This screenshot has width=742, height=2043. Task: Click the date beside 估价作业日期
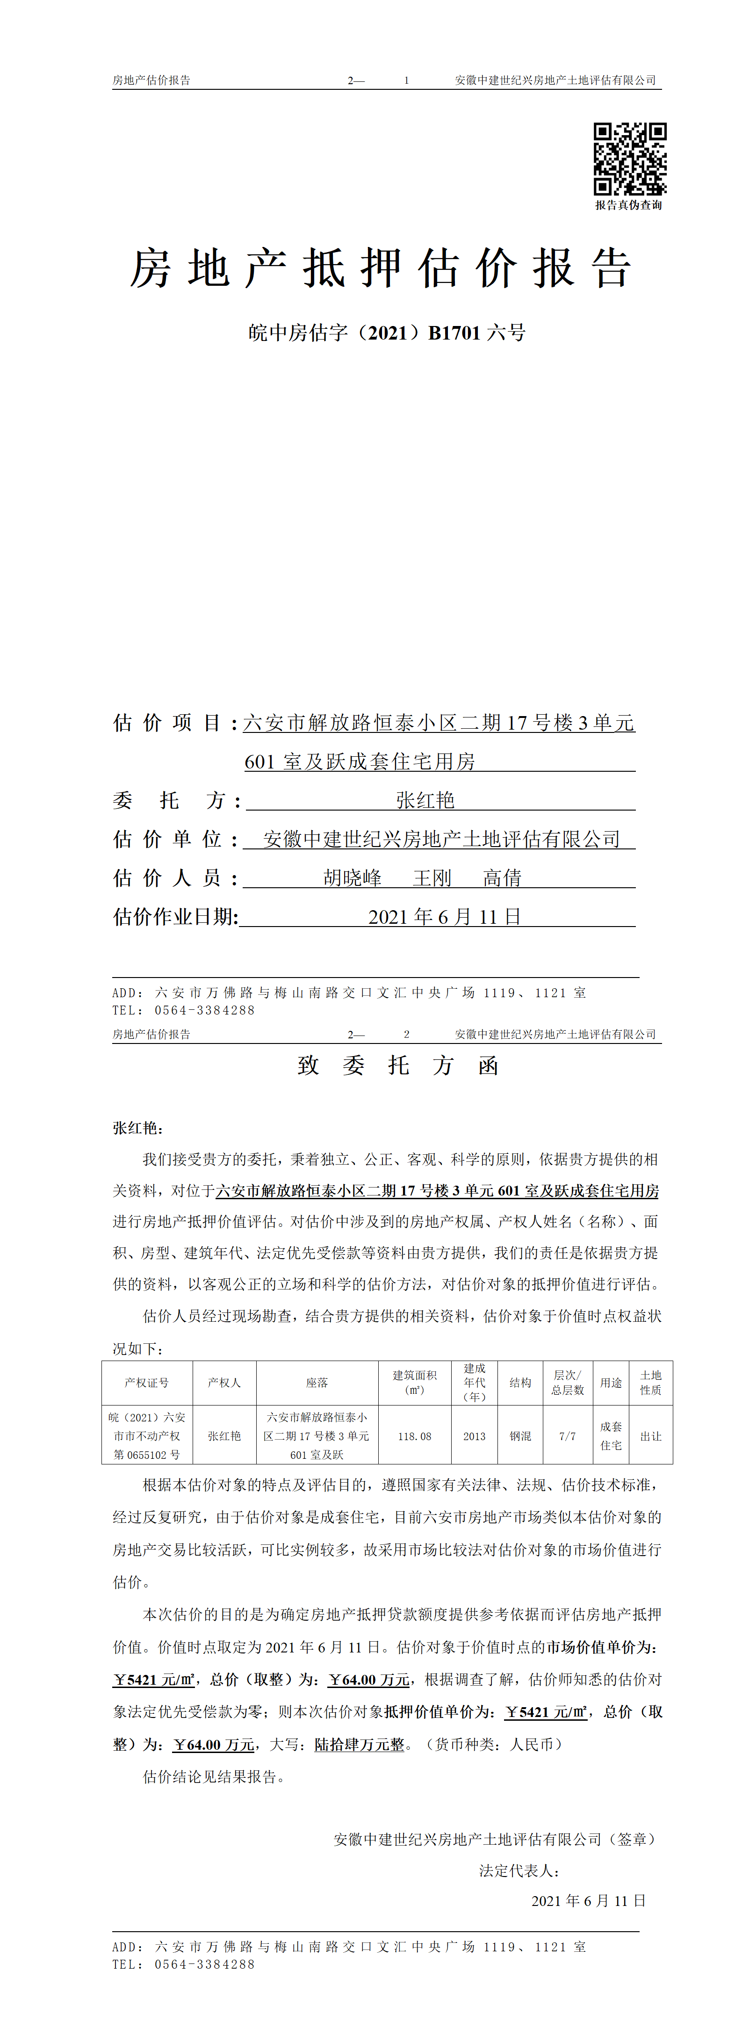[444, 917]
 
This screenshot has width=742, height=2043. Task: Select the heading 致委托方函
[398, 1065]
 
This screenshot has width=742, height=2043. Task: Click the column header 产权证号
[147, 1383]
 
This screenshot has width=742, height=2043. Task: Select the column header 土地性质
[651, 1383]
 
